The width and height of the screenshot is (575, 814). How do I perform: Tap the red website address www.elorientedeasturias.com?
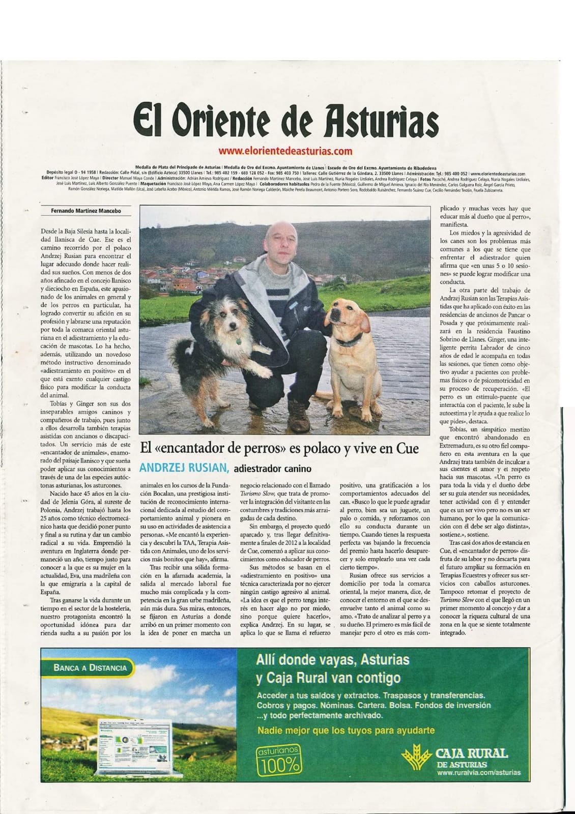(285, 151)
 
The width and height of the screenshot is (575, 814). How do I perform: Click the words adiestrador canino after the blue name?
(272, 469)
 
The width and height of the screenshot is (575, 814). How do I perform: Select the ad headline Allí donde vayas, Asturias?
(333, 660)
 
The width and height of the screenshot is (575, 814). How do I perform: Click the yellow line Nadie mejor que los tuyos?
(346, 731)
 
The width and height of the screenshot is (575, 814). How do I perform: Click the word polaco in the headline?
(337, 449)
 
